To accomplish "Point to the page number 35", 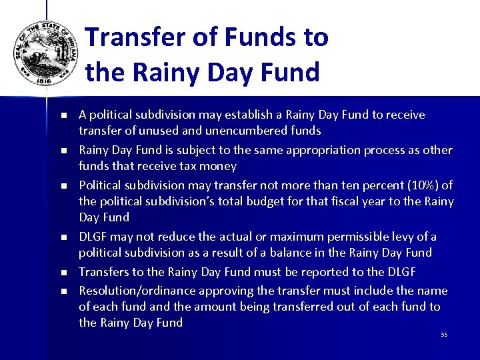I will tap(444, 335).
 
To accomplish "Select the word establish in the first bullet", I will tap(235, 115).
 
